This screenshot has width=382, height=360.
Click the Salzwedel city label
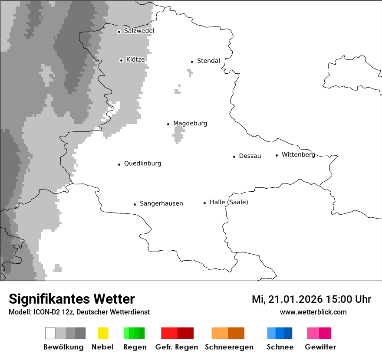click(139, 31)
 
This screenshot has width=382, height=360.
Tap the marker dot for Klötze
click(121, 60)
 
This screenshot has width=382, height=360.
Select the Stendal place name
click(208, 61)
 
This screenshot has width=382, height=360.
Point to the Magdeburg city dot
click(168, 124)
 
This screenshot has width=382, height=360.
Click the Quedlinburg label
click(142, 164)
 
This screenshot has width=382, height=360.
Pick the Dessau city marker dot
click(234, 157)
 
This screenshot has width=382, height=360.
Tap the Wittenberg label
click(298, 154)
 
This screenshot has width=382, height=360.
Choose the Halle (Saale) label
click(229, 202)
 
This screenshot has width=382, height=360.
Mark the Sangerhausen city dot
click(135, 204)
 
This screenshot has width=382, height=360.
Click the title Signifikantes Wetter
click(72, 299)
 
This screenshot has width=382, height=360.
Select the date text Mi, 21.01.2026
click(286, 299)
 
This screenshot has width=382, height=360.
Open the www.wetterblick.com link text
click(313, 312)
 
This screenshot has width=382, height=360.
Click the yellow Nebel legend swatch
click(103, 333)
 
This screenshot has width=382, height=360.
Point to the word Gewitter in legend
click(320, 347)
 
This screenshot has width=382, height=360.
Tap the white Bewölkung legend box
click(50, 333)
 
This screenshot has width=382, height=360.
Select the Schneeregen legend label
click(229, 347)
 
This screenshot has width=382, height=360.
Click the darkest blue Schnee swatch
click(288, 333)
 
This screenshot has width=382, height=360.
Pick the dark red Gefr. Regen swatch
click(185, 333)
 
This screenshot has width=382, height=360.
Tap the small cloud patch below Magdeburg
click(178, 135)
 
